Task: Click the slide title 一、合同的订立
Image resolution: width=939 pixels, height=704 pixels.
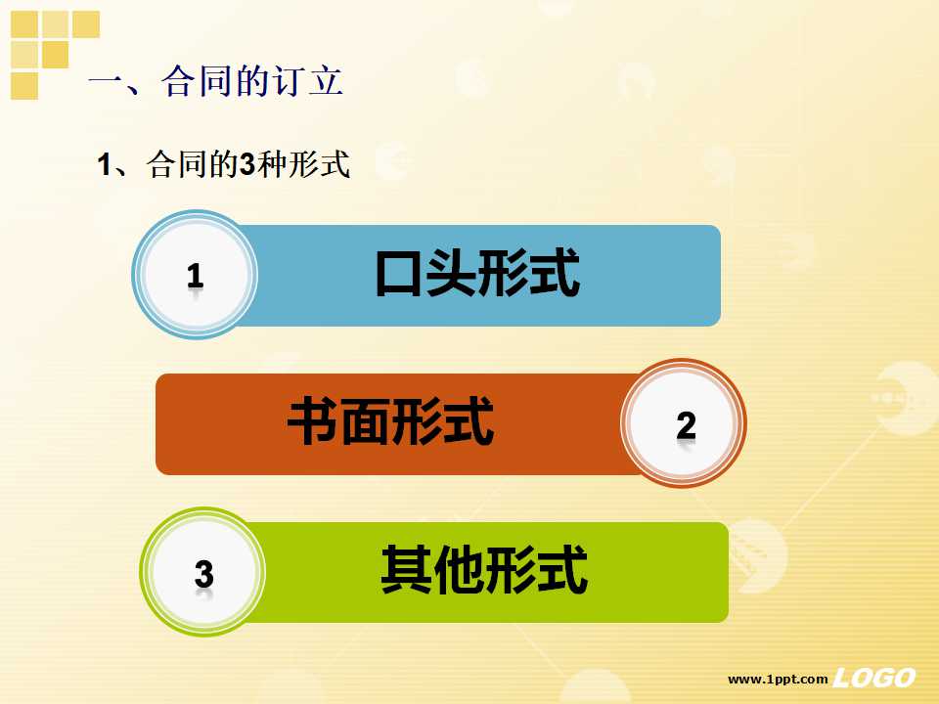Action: pyautogui.click(x=216, y=81)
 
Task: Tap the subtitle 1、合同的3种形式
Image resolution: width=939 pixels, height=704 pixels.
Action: pyautogui.click(x=223, y=164)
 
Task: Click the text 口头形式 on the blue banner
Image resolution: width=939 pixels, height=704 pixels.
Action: pyautogui.click(x=477, y=273)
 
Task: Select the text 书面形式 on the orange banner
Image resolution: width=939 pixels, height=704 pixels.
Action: pyautogui.click(x=390, y=421)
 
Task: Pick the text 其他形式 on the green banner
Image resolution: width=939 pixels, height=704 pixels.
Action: pyautogui.click(x=484, y=569)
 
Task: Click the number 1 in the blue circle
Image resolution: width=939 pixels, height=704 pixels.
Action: pyautogui.click(x=195, y=276)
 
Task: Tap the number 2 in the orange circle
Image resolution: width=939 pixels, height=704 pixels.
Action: pyautogui.click(x=687, y=425)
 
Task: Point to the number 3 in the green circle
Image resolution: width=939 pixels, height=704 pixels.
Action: pyautogui.click(x=203, y=574)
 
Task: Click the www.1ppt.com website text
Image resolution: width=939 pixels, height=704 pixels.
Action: pyautogui.click(x=778, y=679)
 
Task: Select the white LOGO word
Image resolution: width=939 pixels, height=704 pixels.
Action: pyautogui.click(x=874, y=678)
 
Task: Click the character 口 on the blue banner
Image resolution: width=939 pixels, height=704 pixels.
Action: pyautogui.click(x=399, y=274)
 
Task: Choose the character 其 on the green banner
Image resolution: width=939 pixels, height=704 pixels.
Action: pyautogui.click(x=406, y=569)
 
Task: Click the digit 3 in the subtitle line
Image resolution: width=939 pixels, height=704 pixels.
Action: pyautogui.click(x=246, y=164)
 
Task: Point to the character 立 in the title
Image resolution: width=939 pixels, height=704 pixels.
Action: pyautogui.click(x=326, y=81)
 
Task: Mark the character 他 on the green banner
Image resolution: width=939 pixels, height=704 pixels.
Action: pyautogui.click(x=458, y=569)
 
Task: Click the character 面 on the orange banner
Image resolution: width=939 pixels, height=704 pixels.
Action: pyautogui.click(x=365, y=422)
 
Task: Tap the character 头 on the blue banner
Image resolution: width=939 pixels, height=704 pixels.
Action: pyautogui.click(x=451, y=274)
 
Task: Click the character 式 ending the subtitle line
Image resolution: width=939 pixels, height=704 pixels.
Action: pyautogui.click(x=335, y=164)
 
